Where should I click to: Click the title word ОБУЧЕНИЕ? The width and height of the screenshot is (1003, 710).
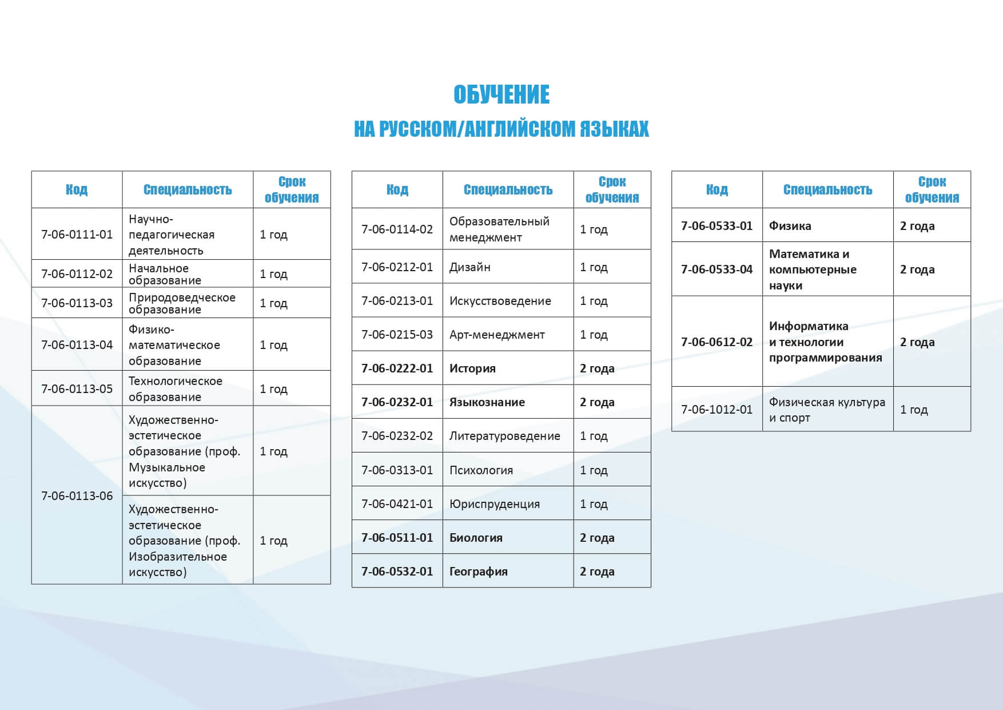pyautogui.click(x=502, y=95)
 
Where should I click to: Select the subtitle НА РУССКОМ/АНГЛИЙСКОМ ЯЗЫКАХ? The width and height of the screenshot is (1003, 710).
pyautogui.click(x=502, y=129)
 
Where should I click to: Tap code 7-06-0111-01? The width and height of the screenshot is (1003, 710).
pyautogui.click(x=77, y=235)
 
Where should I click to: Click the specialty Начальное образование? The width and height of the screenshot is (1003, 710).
pyautogui.click(x=165, y=274)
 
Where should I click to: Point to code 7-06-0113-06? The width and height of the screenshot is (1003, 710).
pyautogui.click(x=77, y=495)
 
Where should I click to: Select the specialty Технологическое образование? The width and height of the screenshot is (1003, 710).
pyautogui.click(x=175, y=389)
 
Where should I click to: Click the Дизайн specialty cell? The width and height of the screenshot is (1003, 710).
pyautogui.click(x=470, y=267)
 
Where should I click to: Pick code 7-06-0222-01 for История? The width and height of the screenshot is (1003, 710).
pyautogui.click(x=397, y=368)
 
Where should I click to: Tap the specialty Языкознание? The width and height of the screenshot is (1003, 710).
pyautogui.click(x=487, y=402)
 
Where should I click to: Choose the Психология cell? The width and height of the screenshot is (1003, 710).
pyautogui.click(x=481, y=470)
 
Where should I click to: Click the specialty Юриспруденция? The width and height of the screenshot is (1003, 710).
pyautogui.click(x=494, y=504)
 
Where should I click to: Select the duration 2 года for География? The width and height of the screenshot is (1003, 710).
pyautogui.click(x=597, y=572)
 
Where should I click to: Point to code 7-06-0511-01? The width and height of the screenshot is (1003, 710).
pyautogui.click(x=397, y=538)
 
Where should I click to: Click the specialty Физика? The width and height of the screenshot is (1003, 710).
pyautogui.click(x=790, y=226)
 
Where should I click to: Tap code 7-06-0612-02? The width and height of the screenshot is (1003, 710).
pyautogui.click(x=717, y=342)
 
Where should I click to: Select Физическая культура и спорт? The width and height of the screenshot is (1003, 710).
pyautogui.click(x=826, y=410)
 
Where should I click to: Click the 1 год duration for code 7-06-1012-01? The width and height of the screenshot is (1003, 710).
pyautogui.click(x=914, y=410)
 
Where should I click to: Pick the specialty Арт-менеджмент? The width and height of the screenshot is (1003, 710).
pyautogui.click(x=497, y=335)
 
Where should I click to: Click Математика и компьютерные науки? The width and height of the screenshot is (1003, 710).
pyautogui.click(x=812, y=269)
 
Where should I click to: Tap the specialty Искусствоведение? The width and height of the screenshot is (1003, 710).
pyautogui.click(x=500, y=301)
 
